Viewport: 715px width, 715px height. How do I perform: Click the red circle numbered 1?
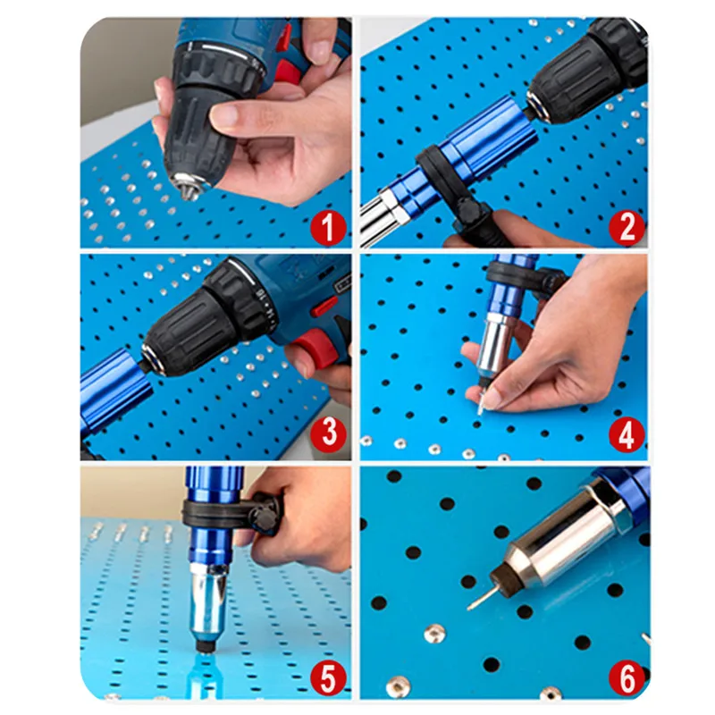[328, 228]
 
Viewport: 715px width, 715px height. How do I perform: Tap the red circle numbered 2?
[627, 228]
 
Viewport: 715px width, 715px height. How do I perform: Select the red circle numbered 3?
[328, 433]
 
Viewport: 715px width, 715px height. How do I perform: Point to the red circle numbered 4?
[627, 434]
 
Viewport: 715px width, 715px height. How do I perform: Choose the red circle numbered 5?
[328, 678]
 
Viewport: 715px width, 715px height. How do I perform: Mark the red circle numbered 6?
[627, 678]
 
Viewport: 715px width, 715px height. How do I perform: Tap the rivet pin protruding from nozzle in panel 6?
[479, 598]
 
